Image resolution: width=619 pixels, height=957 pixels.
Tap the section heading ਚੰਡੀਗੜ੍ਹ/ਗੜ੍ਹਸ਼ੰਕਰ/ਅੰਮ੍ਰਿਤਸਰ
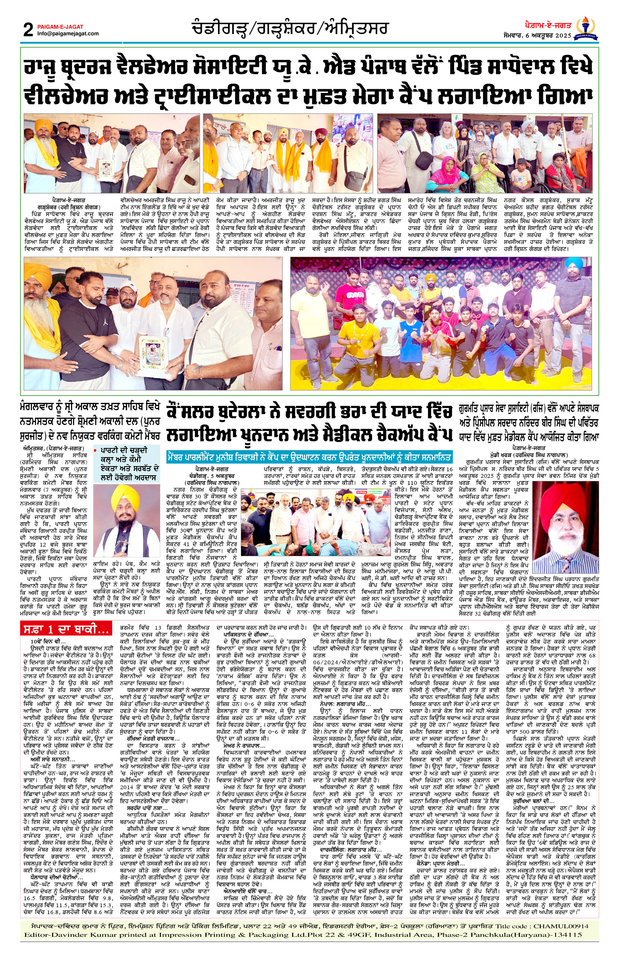pos(290,29)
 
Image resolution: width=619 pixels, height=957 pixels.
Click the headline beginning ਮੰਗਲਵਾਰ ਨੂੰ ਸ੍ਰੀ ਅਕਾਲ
pos(90,422)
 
